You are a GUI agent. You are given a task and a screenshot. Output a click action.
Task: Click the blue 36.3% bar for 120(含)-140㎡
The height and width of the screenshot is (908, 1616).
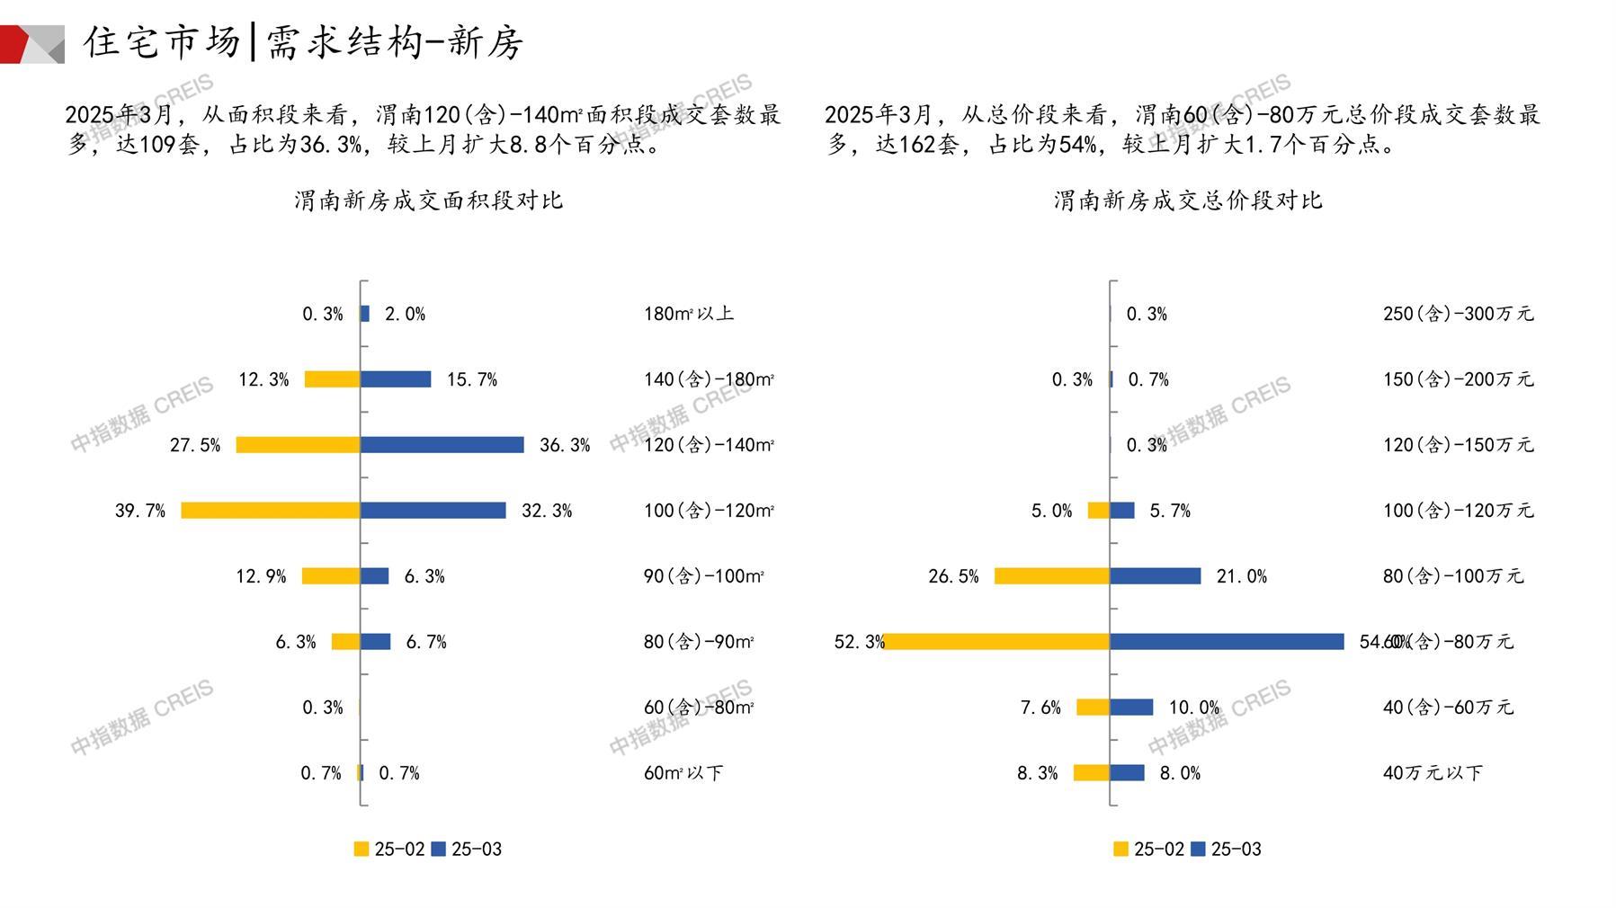[x=442, y=445]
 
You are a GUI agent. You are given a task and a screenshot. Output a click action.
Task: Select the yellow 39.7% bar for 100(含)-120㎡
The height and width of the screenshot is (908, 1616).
[x=271, y=511]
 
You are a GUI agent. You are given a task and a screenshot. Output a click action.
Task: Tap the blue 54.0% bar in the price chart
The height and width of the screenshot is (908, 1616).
[x=1227, y=642]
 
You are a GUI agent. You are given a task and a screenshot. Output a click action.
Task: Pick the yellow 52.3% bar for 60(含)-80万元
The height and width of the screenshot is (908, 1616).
[x=997, y=642]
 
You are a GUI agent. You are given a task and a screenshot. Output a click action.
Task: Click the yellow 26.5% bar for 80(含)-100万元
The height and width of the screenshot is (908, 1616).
[x=1051, y=576]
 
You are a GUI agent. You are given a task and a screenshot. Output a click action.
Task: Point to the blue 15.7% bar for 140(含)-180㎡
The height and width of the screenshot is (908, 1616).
[x=396, y=379]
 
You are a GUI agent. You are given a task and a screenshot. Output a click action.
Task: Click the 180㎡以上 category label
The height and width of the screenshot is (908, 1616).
[x=688, y=314]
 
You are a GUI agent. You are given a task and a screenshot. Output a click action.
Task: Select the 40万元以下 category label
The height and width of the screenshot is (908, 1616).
[x=1432, y=773]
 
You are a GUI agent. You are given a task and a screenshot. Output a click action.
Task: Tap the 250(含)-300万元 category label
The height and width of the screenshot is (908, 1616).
[x=1458, y=314]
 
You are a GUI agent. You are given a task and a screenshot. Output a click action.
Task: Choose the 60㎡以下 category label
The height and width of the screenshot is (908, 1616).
[x=683, y=773]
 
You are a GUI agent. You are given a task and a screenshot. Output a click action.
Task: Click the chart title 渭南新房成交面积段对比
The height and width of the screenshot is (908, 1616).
[x=428, y=200]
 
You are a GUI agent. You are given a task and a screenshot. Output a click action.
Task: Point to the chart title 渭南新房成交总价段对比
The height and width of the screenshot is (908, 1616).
[x=1187, y=200]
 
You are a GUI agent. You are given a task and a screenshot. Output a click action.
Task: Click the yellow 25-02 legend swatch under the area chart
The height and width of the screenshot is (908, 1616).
[x=362, y=850]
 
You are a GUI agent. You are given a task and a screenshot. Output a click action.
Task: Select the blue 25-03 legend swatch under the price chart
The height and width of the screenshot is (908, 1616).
[x=1198, y=850]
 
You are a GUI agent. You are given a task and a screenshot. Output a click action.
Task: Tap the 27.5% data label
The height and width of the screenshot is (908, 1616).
[x=195, y=445]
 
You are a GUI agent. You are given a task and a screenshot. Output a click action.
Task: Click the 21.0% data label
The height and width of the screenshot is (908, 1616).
[x=1241, y=576]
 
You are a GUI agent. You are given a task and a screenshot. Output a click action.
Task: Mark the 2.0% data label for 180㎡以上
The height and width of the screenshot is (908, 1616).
[x=405, y=314]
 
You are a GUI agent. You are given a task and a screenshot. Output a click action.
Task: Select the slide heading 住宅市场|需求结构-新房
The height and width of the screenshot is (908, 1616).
[x=303, y=42]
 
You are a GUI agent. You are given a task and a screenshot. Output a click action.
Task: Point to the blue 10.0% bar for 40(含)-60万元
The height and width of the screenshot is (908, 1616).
[x=1131, y=708]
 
